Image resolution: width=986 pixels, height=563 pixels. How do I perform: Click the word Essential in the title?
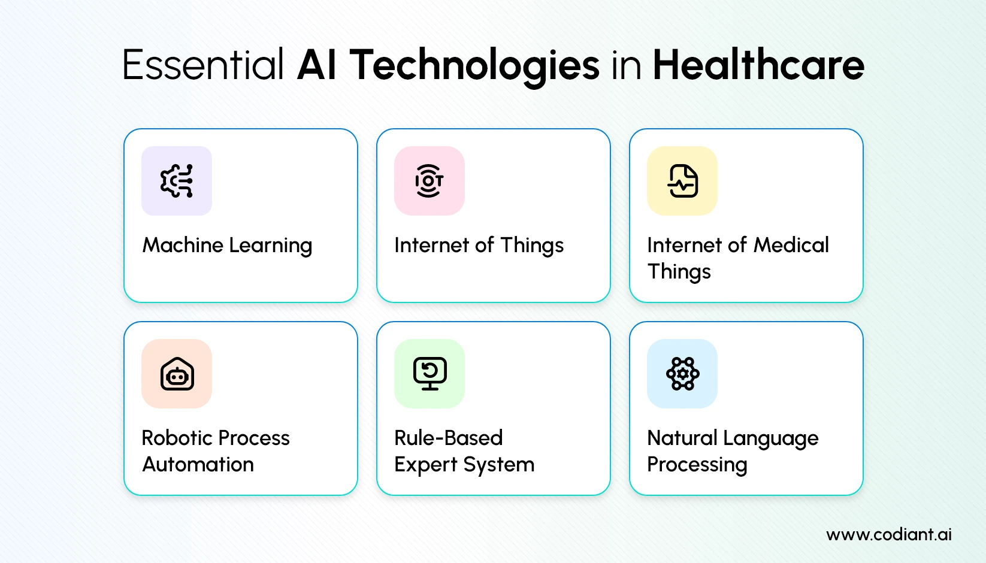coord(202,65)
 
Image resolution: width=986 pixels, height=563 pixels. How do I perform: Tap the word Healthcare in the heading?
coord(758,65)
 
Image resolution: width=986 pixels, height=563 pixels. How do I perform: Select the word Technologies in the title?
coord(474,65)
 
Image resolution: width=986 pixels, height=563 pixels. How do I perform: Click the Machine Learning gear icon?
coord(177,181)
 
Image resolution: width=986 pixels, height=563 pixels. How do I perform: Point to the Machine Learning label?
coord(227,246)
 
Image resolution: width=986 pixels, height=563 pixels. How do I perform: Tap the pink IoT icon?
coord(430,181)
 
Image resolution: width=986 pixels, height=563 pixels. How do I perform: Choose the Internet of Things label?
coord(479,246)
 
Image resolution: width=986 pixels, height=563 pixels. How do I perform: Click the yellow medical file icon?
coord(682,181)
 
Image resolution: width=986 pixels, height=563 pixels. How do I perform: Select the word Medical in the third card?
coord(791,245)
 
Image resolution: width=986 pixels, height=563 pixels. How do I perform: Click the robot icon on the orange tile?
coord(177,374)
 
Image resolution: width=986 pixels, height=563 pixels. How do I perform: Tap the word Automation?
coord(198,465)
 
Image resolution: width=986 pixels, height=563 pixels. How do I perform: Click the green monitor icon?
coord(430,374)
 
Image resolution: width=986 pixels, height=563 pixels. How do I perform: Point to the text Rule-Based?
coord(448,438)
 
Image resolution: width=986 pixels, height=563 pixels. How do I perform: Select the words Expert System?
coord(464,465)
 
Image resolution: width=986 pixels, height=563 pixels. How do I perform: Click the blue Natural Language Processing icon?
coord(682,374)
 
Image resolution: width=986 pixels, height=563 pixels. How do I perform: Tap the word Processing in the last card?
coord(697,465)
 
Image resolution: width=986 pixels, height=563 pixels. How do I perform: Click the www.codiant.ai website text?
coord(888,534)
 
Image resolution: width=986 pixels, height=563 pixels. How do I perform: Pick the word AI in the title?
coord(317,65)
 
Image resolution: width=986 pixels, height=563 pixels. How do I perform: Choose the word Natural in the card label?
coord(682,438)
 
